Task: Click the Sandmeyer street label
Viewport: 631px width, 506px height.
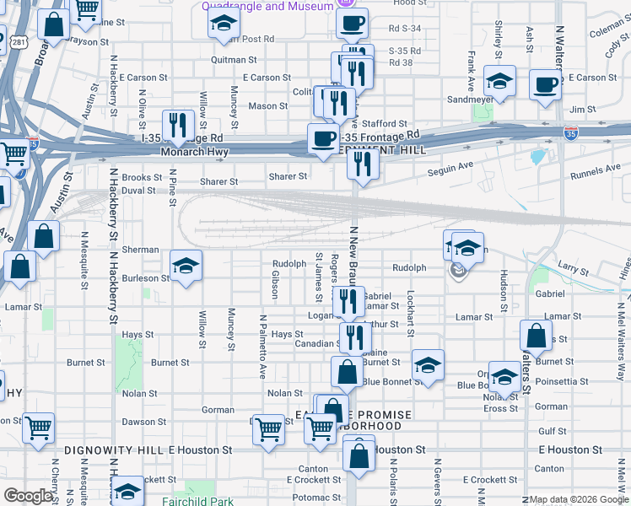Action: pos(469,99)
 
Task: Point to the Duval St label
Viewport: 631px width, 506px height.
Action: pos(139,191)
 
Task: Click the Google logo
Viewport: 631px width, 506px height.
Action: pos(28,497)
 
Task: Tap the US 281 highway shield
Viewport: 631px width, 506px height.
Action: pos(18,40)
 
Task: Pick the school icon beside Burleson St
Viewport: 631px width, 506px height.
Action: pos(186,264)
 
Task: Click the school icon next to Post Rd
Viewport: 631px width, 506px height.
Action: pos(224,22)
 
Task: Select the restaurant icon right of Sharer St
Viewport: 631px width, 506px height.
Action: pos(364,162)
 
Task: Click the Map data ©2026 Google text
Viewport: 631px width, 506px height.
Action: pos(579,499)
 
